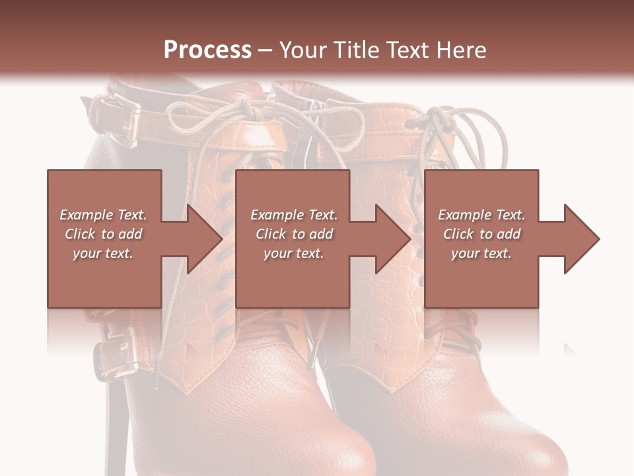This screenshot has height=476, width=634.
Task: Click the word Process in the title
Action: [207, 50]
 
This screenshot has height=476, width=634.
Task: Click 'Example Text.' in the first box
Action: [103, 215]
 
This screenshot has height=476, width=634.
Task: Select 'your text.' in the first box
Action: [103, 253]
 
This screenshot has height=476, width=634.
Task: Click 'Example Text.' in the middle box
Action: [294, 215]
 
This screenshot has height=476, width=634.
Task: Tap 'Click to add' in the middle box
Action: [294, 234]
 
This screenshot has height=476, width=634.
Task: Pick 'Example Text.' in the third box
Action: [481, 215]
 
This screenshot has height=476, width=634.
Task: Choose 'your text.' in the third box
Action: [481, 253]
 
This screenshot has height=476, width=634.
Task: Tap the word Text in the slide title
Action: [407, 50]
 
